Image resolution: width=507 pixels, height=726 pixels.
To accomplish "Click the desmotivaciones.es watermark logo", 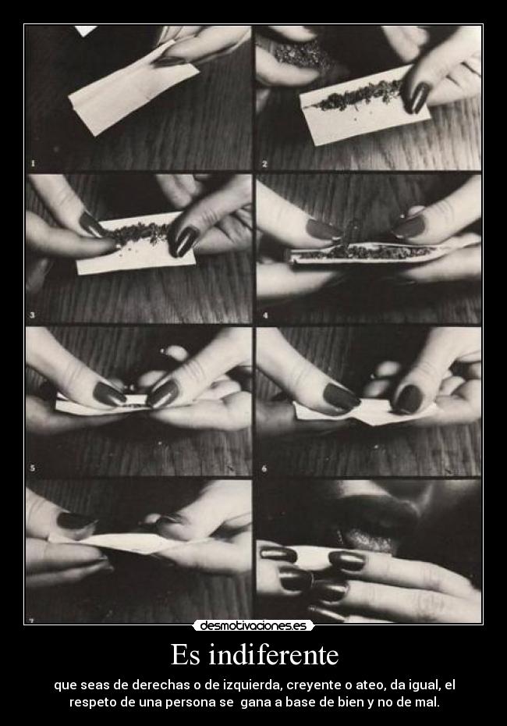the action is coord(253,626).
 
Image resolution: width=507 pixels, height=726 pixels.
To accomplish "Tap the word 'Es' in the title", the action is coord(186,655).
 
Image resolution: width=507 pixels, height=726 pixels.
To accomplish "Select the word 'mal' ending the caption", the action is coord(429,703).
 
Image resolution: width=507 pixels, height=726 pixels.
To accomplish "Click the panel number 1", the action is coord(33,163).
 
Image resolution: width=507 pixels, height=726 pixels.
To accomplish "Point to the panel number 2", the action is coord(264,164).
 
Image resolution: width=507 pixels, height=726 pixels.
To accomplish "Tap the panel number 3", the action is coord(33,315).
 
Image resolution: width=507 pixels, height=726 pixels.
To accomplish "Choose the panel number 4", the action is coord(265,316).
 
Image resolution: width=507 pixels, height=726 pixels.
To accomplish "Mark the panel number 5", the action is coord(33,468).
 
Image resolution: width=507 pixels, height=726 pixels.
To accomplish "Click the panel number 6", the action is coord(264,468).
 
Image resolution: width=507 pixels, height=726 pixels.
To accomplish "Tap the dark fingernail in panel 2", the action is coord(418,98).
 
